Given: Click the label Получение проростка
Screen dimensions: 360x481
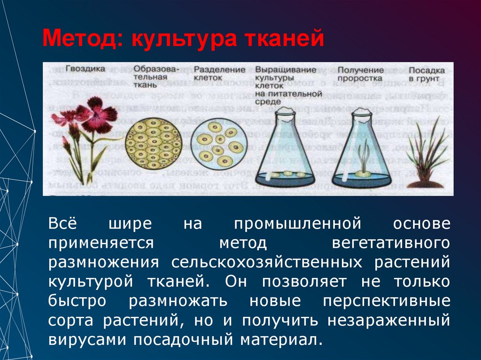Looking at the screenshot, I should pos(360,73).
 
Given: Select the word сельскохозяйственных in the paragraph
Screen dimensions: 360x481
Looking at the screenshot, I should pos(267,262).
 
